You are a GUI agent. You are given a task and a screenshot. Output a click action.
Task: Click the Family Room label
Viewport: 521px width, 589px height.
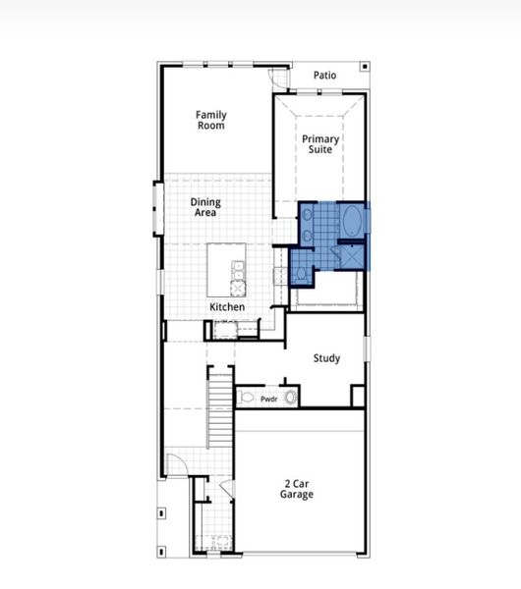coord(210,120)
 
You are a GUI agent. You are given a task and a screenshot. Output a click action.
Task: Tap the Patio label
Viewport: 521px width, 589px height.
coord(324,76)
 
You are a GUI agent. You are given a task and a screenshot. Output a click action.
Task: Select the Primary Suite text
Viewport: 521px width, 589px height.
coord(321,144)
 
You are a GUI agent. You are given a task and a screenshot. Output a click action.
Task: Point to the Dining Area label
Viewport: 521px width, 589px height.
coord(205,207)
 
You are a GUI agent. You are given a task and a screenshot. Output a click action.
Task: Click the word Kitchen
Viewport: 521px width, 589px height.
coord(227,307)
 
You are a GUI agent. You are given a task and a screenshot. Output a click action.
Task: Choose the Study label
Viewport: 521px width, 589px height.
coord(326,358)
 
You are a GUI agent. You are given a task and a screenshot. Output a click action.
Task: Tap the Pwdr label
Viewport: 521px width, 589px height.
coord(268,399)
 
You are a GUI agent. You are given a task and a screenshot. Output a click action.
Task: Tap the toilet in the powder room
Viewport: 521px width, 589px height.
coord(247,398)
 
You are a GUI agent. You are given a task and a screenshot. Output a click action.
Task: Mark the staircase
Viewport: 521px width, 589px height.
coord(219,402)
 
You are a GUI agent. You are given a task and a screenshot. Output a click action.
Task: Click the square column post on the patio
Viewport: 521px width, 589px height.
coord(366,67)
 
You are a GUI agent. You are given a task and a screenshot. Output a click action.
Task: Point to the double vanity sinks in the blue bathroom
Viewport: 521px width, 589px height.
coord(307,223)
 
